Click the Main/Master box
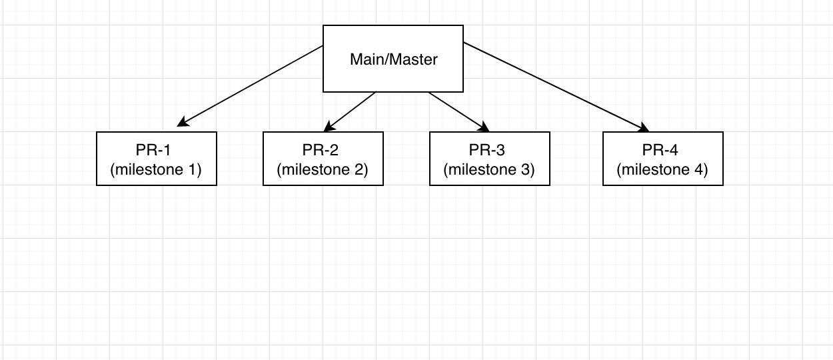tap(393, 59)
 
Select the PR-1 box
tap(157, 159)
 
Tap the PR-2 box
tap(323, 159)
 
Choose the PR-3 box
tap(490, 159)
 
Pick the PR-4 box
tap(663, 159)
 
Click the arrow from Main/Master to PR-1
tap(250, 86)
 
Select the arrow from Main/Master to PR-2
tap(350, 112)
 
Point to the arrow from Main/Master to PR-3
tap(459, 112)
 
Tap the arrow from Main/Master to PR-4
tap(556, 87)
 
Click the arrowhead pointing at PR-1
tap(182, 123)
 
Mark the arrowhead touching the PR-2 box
tap(329, 127)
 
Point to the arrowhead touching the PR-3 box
tap(484, 127)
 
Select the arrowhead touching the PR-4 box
tap(644, 127)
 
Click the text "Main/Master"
tap(394, 59)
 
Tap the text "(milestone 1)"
tap(156, 169)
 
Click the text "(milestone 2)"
tap(323, 169)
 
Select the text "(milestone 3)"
tap(489, 169)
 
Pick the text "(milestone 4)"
tap(662, 169)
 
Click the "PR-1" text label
tap(153, 150)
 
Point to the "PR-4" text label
tap(660, 150)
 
